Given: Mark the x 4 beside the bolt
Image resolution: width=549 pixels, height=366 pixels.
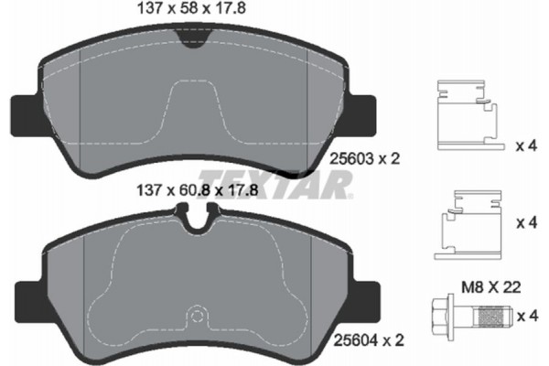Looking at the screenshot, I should pos(528,316).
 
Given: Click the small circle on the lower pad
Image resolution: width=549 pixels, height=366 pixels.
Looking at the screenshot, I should pos(193,318).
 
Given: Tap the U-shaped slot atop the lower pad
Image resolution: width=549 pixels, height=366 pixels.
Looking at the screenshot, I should pos(193,218).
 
